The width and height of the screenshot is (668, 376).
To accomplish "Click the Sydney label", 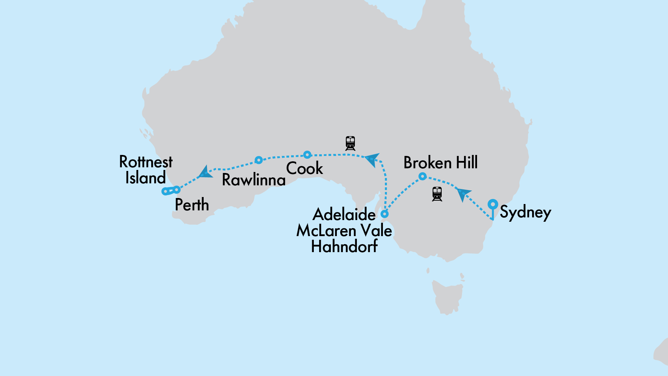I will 525,212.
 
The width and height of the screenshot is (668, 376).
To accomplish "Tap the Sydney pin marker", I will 493,204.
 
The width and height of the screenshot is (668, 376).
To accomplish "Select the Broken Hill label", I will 440,163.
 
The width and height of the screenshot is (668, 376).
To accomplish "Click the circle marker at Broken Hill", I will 423,176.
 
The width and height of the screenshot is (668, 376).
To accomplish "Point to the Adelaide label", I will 344,214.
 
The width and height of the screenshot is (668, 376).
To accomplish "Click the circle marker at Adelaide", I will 385,214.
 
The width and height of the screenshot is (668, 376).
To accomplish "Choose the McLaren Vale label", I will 344,231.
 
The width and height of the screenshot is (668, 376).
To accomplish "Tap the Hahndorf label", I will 344,246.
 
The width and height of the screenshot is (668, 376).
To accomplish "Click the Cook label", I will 304,168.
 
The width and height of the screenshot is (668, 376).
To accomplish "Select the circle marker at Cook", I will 307,155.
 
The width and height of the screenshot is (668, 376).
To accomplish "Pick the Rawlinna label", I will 254,180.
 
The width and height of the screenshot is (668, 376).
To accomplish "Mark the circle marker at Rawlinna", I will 258,160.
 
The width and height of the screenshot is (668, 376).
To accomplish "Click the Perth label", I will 192,205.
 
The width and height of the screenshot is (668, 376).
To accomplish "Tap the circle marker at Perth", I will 177,190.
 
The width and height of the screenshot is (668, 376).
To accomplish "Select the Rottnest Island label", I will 146,170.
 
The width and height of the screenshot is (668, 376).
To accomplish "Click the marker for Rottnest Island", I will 165,191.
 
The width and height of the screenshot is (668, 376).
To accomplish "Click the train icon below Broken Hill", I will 437,194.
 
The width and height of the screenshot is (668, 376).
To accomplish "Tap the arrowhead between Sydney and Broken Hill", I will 463,194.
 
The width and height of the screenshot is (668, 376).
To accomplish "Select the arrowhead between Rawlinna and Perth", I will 205,173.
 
